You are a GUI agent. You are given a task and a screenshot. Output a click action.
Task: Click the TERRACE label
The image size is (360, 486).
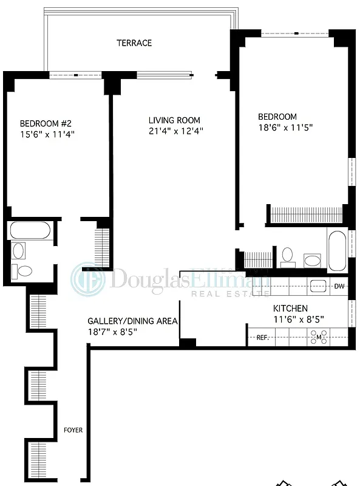pos(134,43)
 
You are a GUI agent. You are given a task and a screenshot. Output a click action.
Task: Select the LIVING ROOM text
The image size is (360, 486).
pos(174,120)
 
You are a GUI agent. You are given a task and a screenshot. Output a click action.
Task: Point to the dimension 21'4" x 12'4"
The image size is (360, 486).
pos(176,131)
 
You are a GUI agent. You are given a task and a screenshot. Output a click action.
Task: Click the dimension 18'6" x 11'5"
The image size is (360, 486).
pos(285,128)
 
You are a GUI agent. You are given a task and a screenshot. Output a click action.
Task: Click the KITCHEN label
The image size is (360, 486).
pos(290,309)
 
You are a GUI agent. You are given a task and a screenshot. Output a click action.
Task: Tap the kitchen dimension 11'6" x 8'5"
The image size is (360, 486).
pos(298,319)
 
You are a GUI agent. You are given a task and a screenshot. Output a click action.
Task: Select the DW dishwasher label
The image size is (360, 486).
pos(339,286)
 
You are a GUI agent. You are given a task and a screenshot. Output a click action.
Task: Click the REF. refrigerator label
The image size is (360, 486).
pos(262,337)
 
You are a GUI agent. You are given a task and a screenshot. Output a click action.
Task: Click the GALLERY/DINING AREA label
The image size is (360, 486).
pos(132,321)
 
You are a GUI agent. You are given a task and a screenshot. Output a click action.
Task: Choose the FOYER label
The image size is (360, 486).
pos(73,430)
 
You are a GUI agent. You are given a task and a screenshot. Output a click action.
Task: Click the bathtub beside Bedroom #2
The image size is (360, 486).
pos(30,231)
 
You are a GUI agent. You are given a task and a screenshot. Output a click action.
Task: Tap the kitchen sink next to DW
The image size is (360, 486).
pos(319,285)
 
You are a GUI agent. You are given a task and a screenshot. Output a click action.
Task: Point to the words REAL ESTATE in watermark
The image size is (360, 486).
pos(230,294)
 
